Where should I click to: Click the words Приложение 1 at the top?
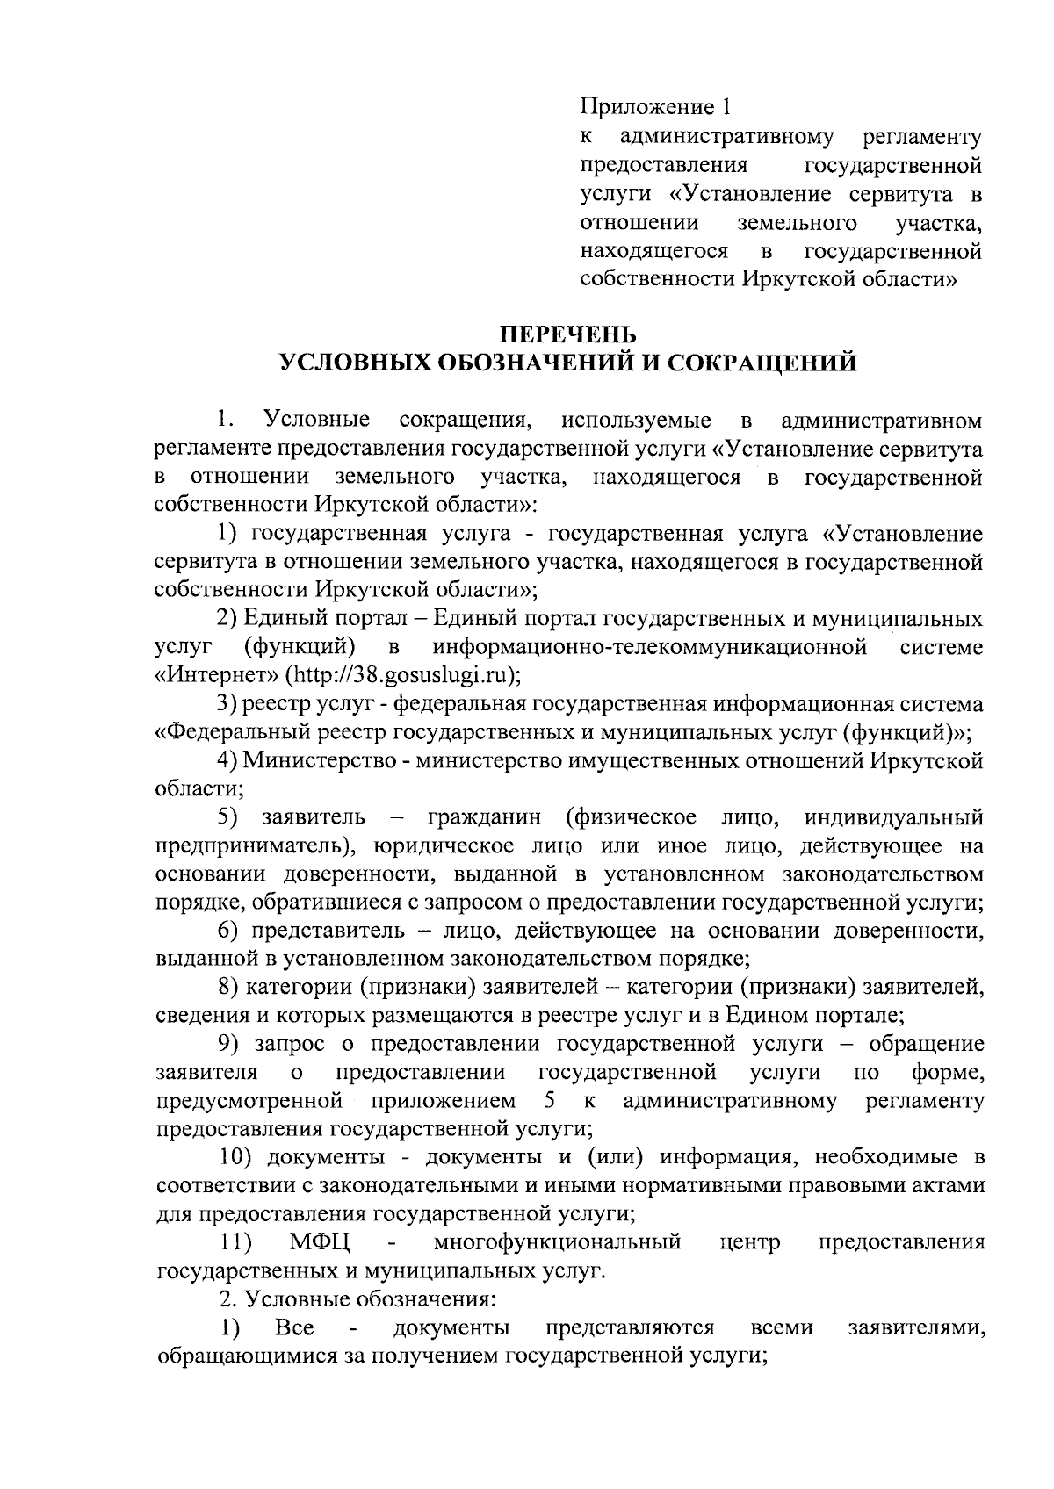click(x=654, y=108)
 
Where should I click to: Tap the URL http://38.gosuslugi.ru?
click(x=399, y=675)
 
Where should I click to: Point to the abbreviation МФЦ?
click(x=321, y=1242)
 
